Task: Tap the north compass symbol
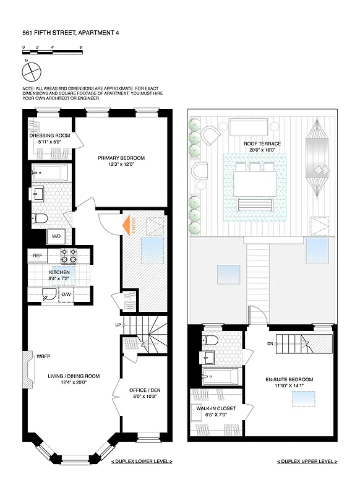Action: point(31,72)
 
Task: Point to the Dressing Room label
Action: point(49,139)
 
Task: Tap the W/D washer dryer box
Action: point(56,236)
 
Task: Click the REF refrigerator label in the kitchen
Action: point(37,255)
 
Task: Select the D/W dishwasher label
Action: point(66,294)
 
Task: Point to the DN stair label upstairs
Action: point(270,344)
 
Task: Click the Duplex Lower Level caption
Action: point(142,462)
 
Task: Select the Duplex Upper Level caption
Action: point(307,462)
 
